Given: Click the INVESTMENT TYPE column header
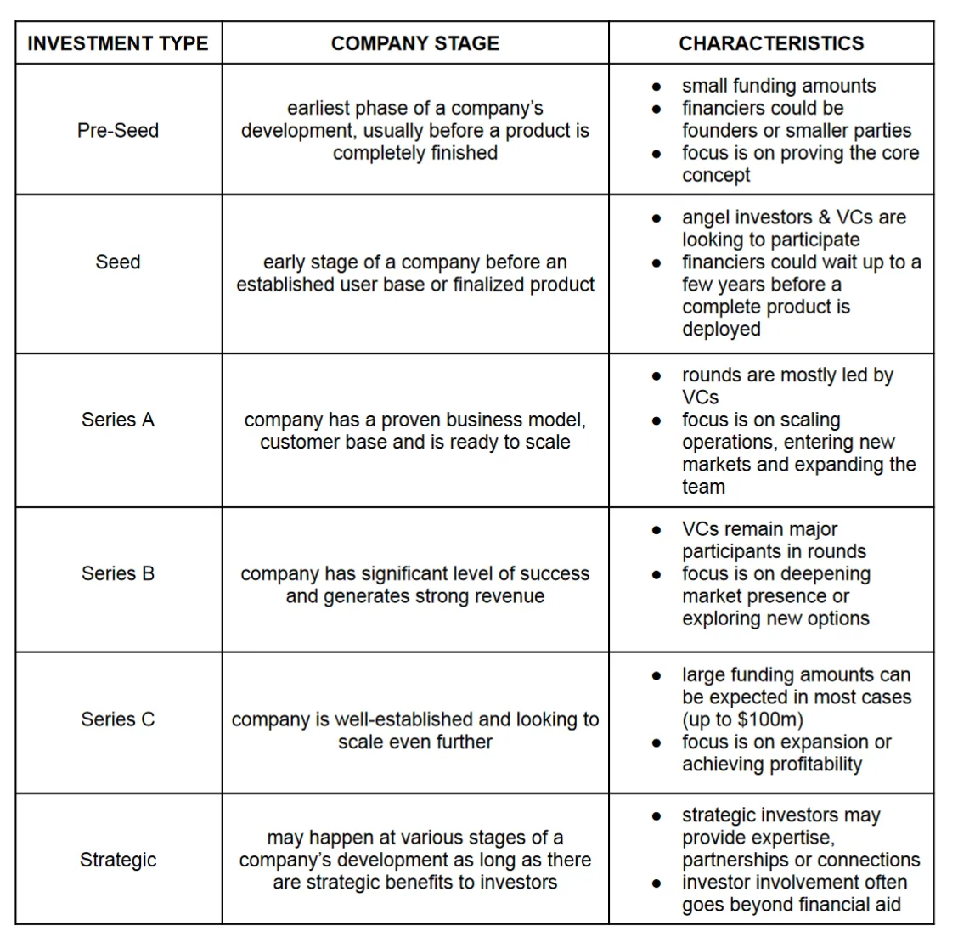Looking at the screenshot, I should click(118, 44).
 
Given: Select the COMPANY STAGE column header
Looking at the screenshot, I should click(415, 44).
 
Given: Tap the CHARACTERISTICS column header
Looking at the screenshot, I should click(771, 44).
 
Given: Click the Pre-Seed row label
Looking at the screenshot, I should click(118, 131).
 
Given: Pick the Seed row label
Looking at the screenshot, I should click(118, 262).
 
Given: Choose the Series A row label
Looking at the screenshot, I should click(118, 420).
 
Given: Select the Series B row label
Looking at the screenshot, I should click(118, 574).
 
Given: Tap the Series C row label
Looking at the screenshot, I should click(118, 719).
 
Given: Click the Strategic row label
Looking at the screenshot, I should click(118, 861).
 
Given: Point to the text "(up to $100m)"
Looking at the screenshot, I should click(742, 720).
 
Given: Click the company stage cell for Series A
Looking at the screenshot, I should click(415, 431).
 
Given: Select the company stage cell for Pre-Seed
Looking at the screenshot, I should click(415, 131).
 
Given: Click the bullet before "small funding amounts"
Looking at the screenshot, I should click(657, 87).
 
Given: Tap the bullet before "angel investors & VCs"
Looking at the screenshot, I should click(657, 218).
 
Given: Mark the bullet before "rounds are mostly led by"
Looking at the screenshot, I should click(657, 375).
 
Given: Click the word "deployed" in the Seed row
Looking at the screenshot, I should click(721, 330).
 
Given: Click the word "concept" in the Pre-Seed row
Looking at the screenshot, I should click(716, 176).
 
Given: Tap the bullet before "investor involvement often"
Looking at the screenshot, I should click(657, 883).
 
